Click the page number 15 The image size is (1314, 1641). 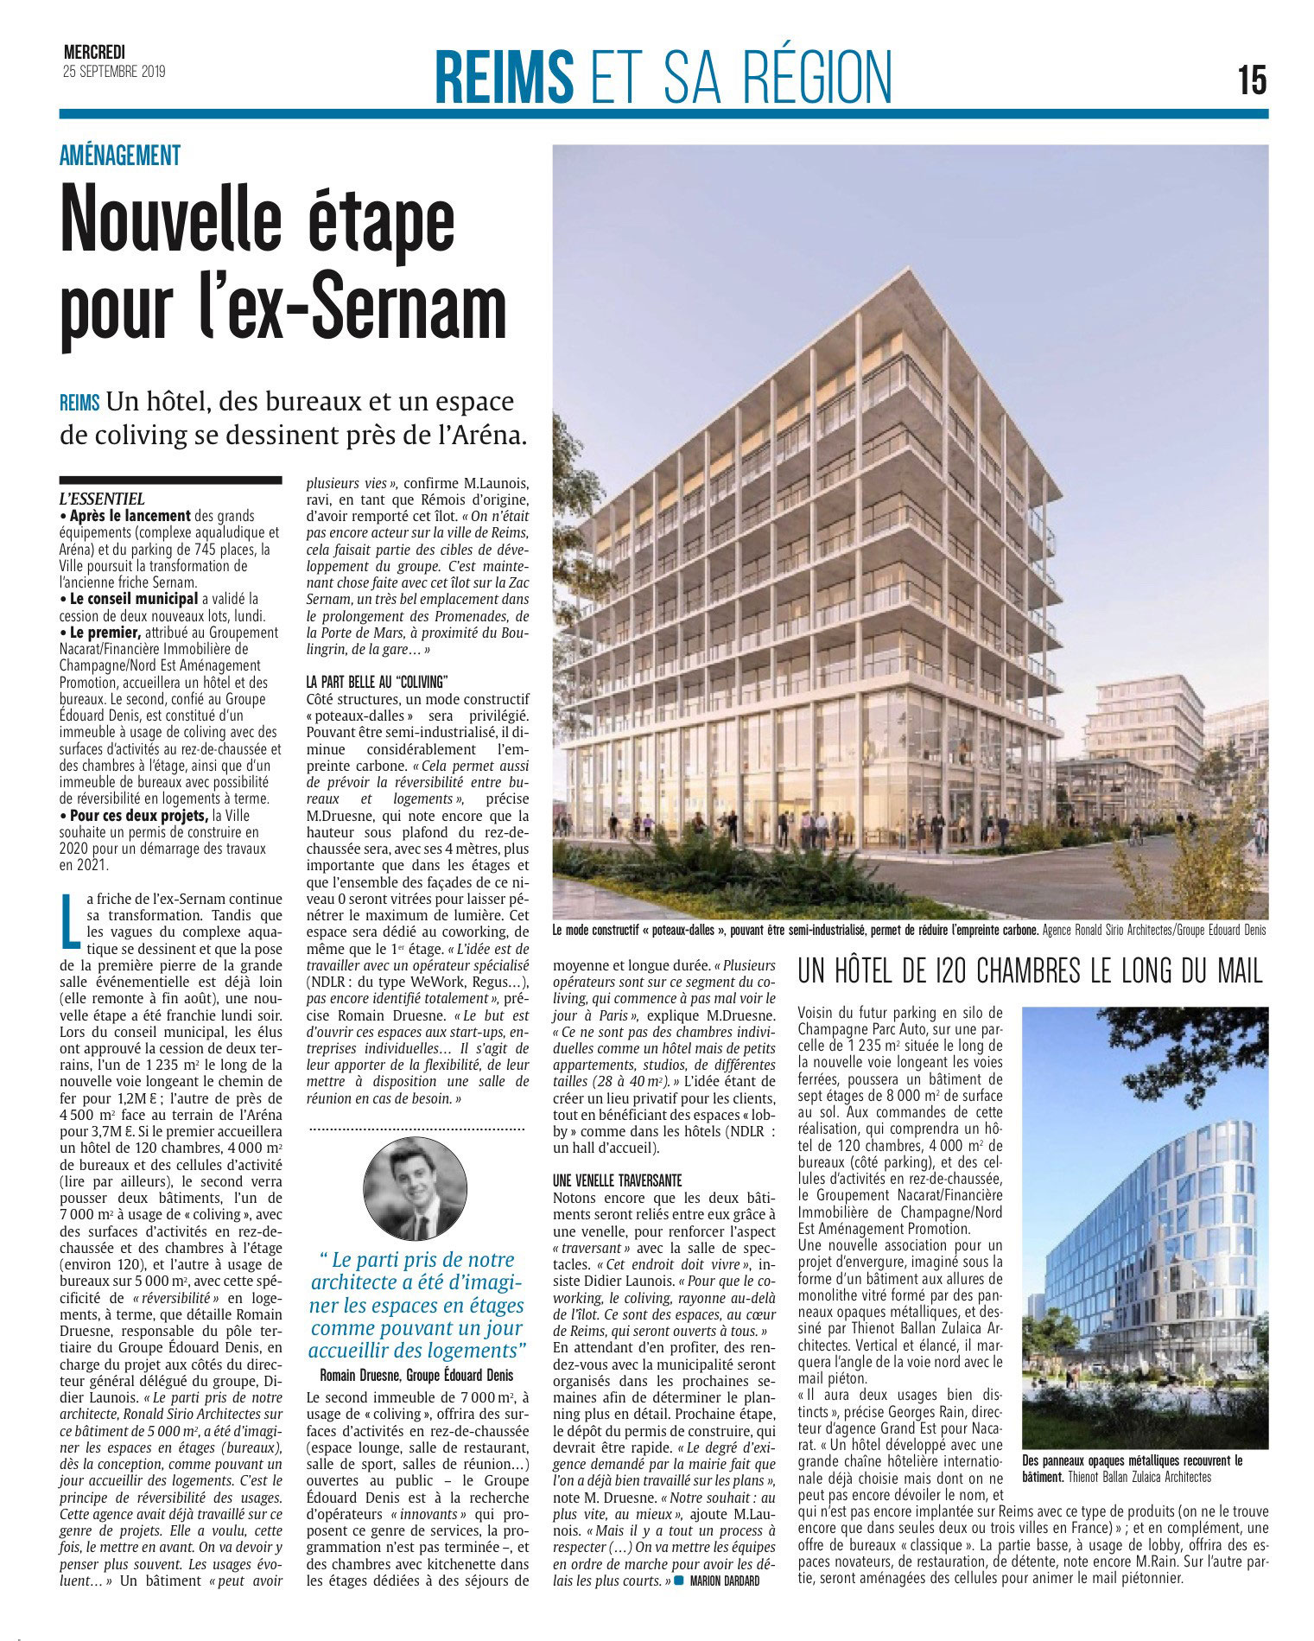click(1252, 80)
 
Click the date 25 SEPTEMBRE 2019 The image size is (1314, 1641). click(113, 72)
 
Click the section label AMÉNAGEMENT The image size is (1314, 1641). click(120, 156)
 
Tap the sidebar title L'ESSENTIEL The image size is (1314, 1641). click(102, 499)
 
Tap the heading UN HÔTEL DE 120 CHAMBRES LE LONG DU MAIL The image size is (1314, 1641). click(1031, 972)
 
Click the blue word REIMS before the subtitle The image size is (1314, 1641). click(80, 404)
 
